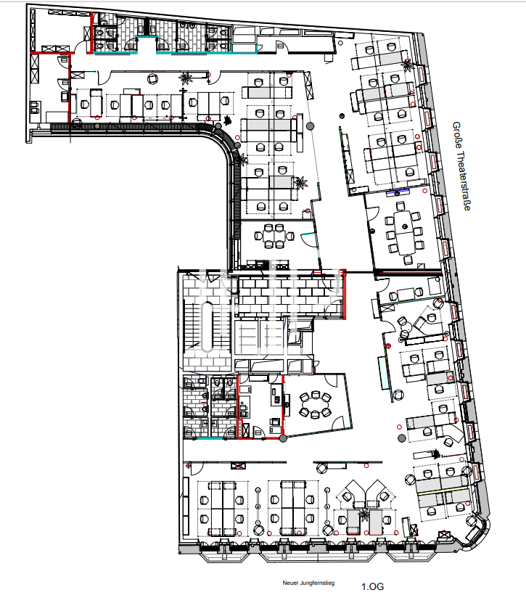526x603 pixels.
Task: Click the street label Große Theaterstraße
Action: pos(461,166)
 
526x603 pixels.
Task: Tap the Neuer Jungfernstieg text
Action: pos(308,583)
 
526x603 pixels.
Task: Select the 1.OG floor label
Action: pos(372,586)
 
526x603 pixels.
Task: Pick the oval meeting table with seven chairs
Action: pos(315,405)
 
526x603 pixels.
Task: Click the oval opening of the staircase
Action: pos(207,327)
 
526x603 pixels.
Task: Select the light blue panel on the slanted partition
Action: pos(383,373)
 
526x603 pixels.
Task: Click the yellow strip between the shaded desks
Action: pos(442,492)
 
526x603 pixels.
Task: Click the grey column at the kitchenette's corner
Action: pos(283,438)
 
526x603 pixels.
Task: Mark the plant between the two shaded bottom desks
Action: pos(363,514)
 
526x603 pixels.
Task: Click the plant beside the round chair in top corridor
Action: pos(186,78)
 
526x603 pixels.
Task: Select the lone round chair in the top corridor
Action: pos(153,79)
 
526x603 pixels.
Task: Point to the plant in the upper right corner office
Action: pos(407,65)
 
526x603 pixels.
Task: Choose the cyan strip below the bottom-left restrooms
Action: pos(210,438)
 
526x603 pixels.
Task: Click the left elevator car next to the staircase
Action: pos(247,337)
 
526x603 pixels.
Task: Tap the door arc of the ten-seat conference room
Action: pos(372,213)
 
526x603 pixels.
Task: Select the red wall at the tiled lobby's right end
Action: pos(344,294)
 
